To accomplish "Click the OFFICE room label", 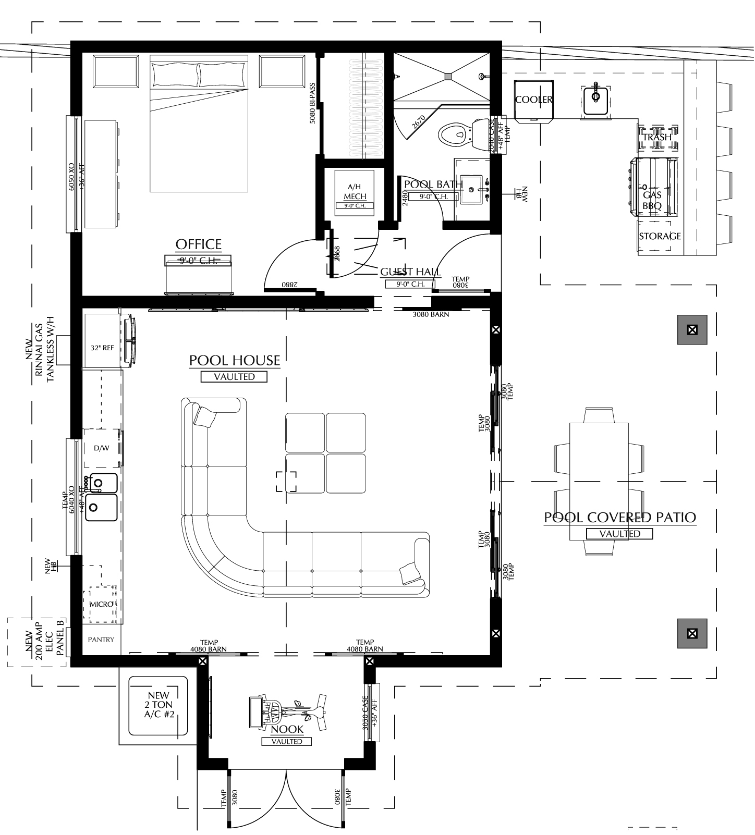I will [198, 244].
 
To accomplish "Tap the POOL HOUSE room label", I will [234, 360].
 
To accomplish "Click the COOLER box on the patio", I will [533, 100].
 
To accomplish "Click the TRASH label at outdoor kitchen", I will [656, 138].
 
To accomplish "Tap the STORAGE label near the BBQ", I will [660, 236].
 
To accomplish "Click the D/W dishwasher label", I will [101, 448].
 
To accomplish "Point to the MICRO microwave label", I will [101, 604].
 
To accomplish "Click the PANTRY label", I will [101, 640].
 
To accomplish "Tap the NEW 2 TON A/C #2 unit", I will [159, 705].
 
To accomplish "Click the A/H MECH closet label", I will [354, 192].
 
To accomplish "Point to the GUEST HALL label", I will [410, 272].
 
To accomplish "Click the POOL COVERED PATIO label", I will [619, 518].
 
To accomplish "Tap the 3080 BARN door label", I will [430, 314].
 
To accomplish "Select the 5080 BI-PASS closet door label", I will [312, 102].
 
